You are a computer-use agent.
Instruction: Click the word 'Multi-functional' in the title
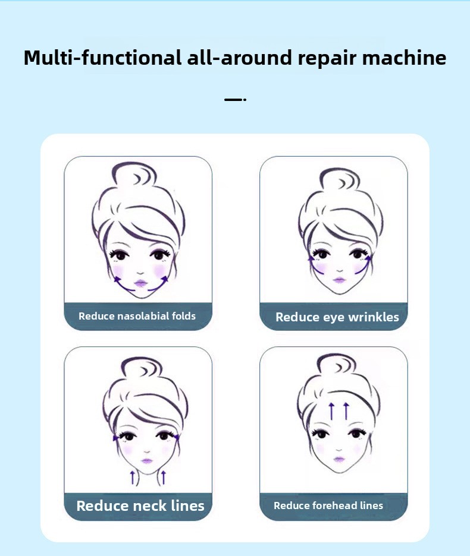(x=102, y=58)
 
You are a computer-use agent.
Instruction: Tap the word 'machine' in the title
(x=404, y=58)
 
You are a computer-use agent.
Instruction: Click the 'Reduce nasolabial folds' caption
(x=137, y=316)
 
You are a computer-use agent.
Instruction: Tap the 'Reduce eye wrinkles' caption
(x=337, y=317)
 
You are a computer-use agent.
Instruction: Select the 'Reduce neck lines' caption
(x=140, y=506)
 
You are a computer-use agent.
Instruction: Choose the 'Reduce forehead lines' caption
(x=328, y=506)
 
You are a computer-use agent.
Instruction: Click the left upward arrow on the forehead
(x=331, y=411)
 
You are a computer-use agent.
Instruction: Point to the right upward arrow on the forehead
(x=346, y=411)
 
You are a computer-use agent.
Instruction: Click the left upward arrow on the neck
(x=133, y=478)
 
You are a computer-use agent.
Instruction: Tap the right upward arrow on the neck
(x=164, y=478)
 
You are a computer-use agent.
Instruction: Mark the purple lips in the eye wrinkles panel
(x=340, y=280)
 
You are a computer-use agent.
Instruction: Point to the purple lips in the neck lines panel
(x=147, y=460)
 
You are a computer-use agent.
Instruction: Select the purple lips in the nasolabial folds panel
(x=140, y=283)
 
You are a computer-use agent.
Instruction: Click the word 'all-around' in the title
(x=239, y=58)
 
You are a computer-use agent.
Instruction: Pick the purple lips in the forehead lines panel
(x=339, y=459)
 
